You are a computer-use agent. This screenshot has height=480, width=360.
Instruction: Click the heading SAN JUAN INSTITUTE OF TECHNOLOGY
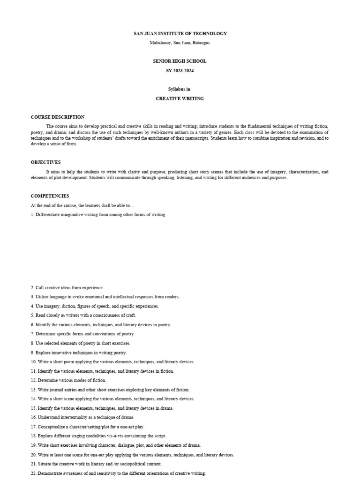click(180, 34)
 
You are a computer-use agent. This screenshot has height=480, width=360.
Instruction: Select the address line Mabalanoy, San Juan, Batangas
click(180, 43)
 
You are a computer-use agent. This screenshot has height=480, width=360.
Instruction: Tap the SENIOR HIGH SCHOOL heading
click(180, 61)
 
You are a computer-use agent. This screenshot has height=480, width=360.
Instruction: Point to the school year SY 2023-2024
click(180, 71)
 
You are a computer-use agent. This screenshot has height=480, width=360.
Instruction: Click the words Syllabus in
click(180, 89)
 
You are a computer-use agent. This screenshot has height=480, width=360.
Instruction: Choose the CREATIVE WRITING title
click(180, 99)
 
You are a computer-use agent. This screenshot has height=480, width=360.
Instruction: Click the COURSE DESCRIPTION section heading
click(58, 117)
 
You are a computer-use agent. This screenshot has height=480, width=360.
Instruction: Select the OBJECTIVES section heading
click(46, 162)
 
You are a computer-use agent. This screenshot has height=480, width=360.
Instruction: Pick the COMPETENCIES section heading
click(50, 196)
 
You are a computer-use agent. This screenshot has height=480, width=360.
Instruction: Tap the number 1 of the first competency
click(32, 215)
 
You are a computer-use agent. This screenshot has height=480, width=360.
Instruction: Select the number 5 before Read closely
click(32, 315)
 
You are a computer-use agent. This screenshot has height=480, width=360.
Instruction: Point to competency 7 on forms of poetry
click(83, 334)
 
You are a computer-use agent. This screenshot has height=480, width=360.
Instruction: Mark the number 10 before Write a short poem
click(33, 362)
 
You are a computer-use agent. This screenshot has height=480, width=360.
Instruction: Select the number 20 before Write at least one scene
click(33, 455)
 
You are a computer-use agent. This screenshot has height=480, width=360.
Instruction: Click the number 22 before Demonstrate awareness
click(33, 473)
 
